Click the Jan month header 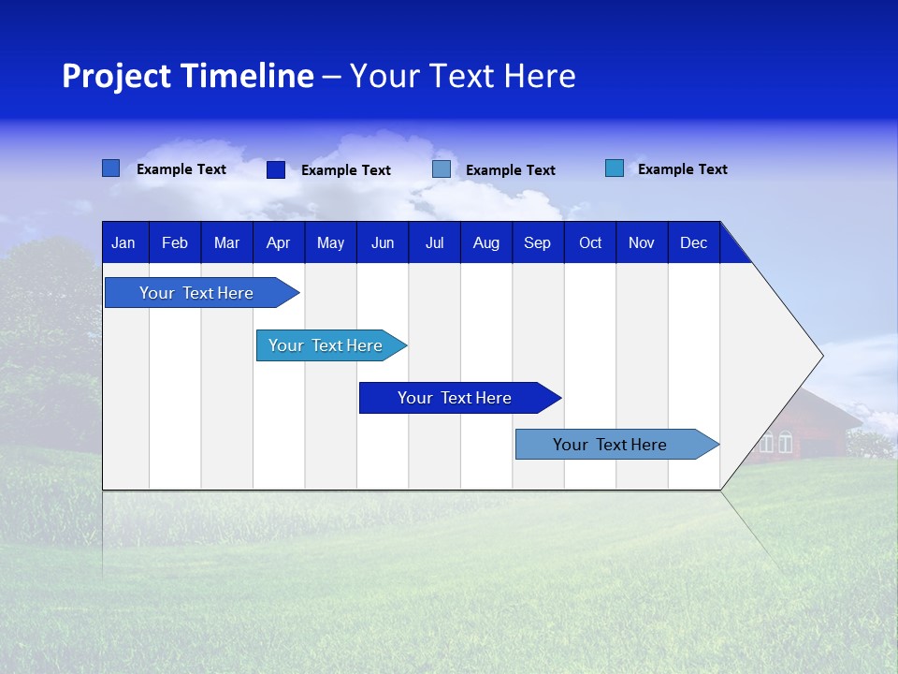click(123, 242)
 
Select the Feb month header click(175, 242)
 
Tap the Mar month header click(226, 242)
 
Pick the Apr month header click(278, 242)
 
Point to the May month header click(330, 242)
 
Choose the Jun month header click(383, 242)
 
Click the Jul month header click(434, 242)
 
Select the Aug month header click(485, 242)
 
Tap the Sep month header click(537, 242)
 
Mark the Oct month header click(590, 242)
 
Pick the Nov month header click(642, 242)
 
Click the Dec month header click(693, 242)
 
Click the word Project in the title click(117, 76)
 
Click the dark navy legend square click(276, 169)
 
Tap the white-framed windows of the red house click(776, 442)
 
